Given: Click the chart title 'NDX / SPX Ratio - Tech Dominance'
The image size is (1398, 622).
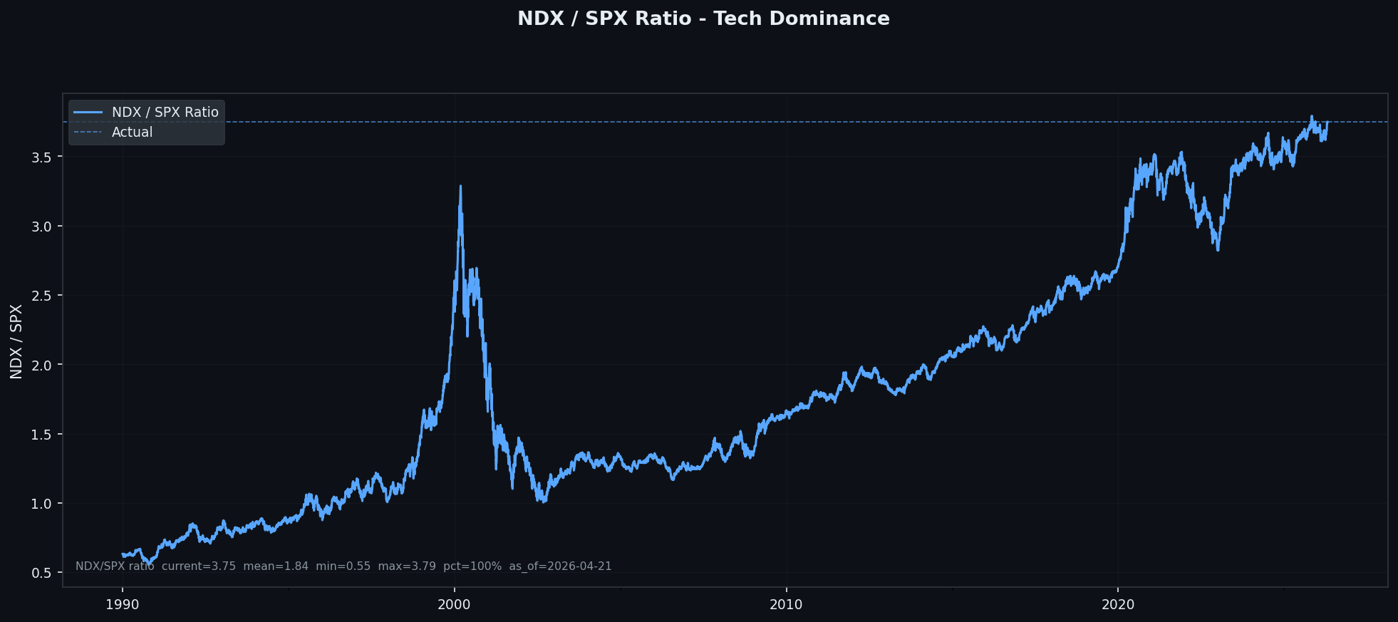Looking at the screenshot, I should (x=703, y=19).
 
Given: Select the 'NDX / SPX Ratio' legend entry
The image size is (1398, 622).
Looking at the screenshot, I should (x=165, y=113).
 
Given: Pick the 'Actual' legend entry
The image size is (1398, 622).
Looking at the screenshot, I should (x=132, y=133).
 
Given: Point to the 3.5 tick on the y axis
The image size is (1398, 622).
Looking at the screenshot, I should (x=42, y=157).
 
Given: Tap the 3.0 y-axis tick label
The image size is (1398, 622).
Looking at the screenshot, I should (x=42, y=227).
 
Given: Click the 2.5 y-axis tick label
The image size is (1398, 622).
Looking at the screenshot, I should (x=42, y=296).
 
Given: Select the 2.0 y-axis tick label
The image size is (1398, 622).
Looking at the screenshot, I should (x=42, y=365).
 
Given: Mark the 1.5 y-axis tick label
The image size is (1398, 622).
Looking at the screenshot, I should (x=42, y=435).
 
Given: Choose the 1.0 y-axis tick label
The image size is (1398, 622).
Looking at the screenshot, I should (x=42, y=504).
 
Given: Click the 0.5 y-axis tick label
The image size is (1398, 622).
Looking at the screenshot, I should (x=42, y=574).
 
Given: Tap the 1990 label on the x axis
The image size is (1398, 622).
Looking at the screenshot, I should (x=123, y=605).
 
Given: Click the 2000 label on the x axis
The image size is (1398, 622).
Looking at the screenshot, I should (x=455, y=605).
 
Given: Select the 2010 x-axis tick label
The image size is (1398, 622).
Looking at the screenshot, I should (x=786, y=605).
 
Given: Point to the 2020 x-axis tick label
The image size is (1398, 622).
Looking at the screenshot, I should (x=1118, y=605).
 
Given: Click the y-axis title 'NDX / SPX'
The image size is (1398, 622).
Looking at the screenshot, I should (x=16, y=341).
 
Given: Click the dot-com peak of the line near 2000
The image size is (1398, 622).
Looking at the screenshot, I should (x=460, y=187).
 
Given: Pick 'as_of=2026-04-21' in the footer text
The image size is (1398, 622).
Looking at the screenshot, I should (x=560, y=566).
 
